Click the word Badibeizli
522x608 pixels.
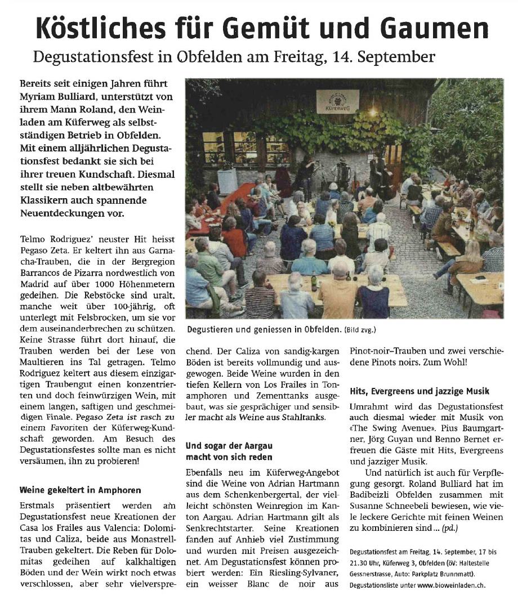(x=373, y=495)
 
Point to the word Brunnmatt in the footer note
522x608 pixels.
(x=454, y=574)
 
